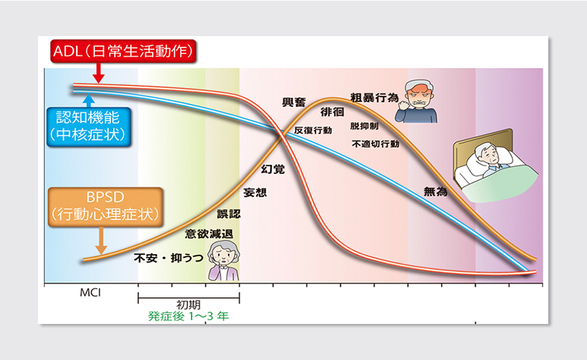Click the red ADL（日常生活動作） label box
click(x=123, y=51)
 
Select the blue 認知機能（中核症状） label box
click(x=89, y=127)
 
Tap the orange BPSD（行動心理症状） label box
click(x=105, y=207)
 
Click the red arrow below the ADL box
click(x=99, y=73)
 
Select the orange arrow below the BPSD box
click(x=101, y=241)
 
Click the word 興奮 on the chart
click(x=294, y=103)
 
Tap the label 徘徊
click(x=332, y=112)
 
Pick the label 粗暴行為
click(x=374, y=98)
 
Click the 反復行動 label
click(x=313, y=130)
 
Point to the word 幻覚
click(x=273, y=169)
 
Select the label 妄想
click(x=255, y=193)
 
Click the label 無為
click(x=436, y=191)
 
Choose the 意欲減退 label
click(x=209, y=234)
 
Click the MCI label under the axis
click(x=90, y=293)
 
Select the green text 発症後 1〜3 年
click(x=188, y=316)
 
